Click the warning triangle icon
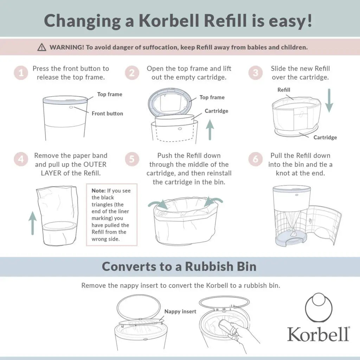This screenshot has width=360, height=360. (x=41, y=47)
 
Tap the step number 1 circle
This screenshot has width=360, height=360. (x=21, y=73)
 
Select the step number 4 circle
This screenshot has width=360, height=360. (x=21, y=159)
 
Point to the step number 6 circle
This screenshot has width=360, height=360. (x=255, y=159)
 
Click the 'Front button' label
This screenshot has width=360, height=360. (x=107, y=114)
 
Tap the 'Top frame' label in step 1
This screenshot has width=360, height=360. (x=110, y=94)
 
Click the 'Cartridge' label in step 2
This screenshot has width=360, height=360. (x=216, y=111)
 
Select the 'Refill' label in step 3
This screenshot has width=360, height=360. (x=284, y=90)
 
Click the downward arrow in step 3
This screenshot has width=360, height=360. (x=329, y=100)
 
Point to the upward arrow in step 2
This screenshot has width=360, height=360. (x=210, y=129)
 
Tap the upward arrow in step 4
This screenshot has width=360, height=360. (x=33, y=223)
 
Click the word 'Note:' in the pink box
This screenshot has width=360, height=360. (x=99, y=191)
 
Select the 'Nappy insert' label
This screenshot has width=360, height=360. (x=180, y=311)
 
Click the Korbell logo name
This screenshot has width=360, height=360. (x=318, y=334)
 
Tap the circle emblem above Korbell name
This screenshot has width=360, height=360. (x=319, y=307)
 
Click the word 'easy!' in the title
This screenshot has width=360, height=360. (x=290, y=21)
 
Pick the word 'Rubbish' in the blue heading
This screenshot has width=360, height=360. (x=209, y=266)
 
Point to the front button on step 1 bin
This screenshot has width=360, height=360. (x=71, y=107)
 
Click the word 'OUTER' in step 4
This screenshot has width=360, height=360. (x=95, y=165)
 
